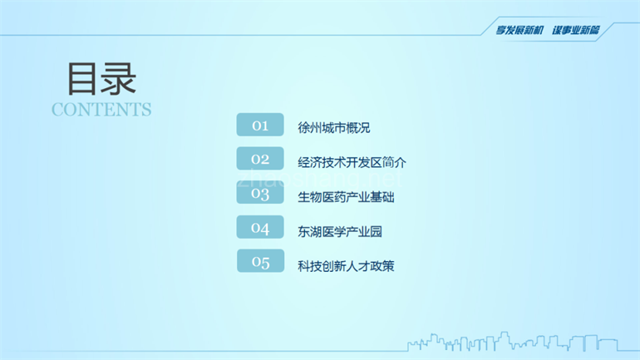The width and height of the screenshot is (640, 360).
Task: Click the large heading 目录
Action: tap(101, 79)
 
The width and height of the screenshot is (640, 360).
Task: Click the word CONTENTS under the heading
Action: tap(101, 110)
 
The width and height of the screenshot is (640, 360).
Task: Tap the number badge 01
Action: tap(260, 125)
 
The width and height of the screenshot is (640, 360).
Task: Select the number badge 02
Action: tap(260, 159)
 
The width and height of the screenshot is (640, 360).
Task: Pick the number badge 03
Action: tap(260, 194)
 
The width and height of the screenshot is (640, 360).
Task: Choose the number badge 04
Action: tap(260, 228)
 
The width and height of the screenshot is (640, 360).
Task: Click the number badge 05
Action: tap(260, 262)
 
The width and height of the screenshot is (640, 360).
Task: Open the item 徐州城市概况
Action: tap(333, 128)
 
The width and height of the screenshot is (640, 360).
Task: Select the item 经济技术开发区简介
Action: tap(352, 162)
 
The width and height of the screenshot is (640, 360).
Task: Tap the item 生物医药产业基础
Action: tap(346, 197)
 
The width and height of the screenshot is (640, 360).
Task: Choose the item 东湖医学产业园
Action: tap(340, 231)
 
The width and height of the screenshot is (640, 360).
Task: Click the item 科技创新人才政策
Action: tap(346, 266)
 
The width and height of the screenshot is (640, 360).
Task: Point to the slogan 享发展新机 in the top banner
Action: tap(519, 30)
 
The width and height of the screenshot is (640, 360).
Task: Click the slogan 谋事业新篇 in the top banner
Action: tap(576, 30)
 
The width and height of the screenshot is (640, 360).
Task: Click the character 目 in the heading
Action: tap(83, 79)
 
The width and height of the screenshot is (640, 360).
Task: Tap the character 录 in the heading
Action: tap(119, 79)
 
